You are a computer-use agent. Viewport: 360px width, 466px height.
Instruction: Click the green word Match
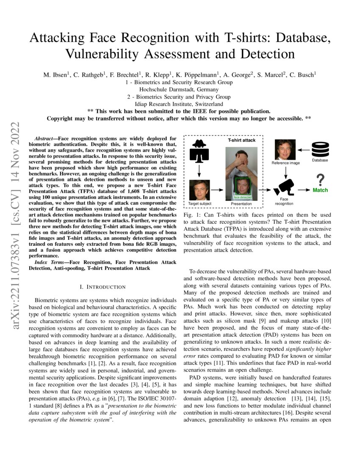point(320,190)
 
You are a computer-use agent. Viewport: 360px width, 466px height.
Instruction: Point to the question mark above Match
point(321,178)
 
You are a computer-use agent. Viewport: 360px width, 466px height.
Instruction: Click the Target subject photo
point(199,190)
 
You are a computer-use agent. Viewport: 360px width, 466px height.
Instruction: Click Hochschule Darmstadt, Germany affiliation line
point(180,89)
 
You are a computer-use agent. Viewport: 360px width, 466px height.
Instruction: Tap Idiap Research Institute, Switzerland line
point(180,104)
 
